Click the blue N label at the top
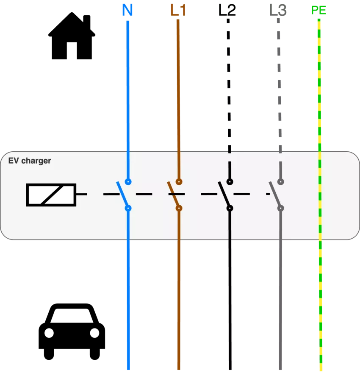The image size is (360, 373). click(x=127, y=11)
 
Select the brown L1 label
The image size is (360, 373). click(x=178, y=11)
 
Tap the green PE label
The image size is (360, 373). click(x=319, y=10)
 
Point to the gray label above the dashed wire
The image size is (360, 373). click(x=278, y=10)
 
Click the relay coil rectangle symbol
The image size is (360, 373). click(x=51, y=195)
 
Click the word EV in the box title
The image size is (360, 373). click(x=14, y=161)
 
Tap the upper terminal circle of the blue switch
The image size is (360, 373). click(x=128, y=182)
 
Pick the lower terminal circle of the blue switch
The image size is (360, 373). click(x=128, y=208)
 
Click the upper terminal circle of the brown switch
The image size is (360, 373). click(x=179, y=182)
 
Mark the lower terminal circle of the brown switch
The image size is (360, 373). click(x=179, y=208)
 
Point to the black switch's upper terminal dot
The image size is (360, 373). click(x=230, y=182)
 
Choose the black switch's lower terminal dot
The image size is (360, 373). click(x=230, y=208)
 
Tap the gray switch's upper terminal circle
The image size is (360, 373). click(x=280, y=182)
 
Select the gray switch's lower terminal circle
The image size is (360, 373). click(x=280, y=208)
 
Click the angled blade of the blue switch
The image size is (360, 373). click(x=122, y=195)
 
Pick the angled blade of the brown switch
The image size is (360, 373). click(x=173, y=195)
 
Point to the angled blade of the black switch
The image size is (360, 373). click(x=224, y=195)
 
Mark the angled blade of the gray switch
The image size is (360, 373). click(x=274, y=195)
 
